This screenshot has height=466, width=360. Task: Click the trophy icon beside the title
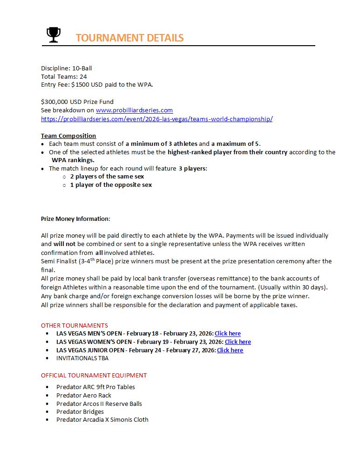click(x=54, y=34)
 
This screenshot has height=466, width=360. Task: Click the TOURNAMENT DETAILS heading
click(x=129, y=38)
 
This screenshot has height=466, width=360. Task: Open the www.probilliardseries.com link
click(x=134, y=110)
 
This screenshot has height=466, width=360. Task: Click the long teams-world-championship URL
click(x=156, y=119)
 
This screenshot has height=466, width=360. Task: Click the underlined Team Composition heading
click(x=68, y=136)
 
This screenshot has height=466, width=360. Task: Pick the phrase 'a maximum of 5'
click(x=238, y=144)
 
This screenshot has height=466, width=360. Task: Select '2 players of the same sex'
click(x=107, y=177)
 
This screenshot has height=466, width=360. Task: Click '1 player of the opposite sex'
click(x=111, y=185)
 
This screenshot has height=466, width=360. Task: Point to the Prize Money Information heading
click(x=75, y=219)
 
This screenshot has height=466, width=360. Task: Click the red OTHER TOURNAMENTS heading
click(x=75, y=325)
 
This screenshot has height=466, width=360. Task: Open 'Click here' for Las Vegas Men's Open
click(x=228, y=334)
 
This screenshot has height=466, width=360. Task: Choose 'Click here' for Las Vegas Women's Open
click(x=238, y=342)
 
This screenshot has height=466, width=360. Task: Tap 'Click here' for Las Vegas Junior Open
click(x=230, y=350)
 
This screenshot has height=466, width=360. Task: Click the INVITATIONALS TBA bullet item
click(x=82, y=358)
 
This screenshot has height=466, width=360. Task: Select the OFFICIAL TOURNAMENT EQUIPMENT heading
click(x=94, y=375)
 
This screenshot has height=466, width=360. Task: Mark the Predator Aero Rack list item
click(x=84, y=395)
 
